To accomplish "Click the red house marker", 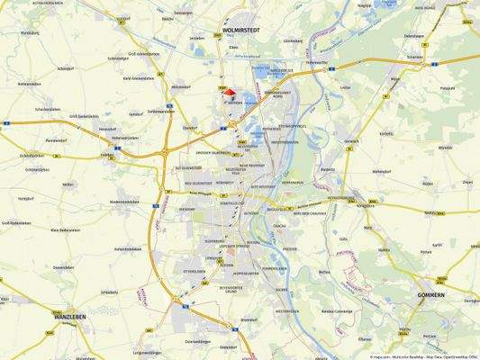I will [229, 92].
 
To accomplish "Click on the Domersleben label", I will [62, 267].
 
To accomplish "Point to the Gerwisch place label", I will [352, 141].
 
